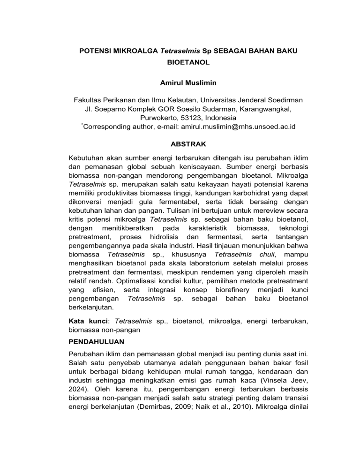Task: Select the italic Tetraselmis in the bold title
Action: [x=176, y=50]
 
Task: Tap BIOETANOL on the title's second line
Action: [x=180, y=61]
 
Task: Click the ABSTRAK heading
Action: [x=180, y=146]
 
